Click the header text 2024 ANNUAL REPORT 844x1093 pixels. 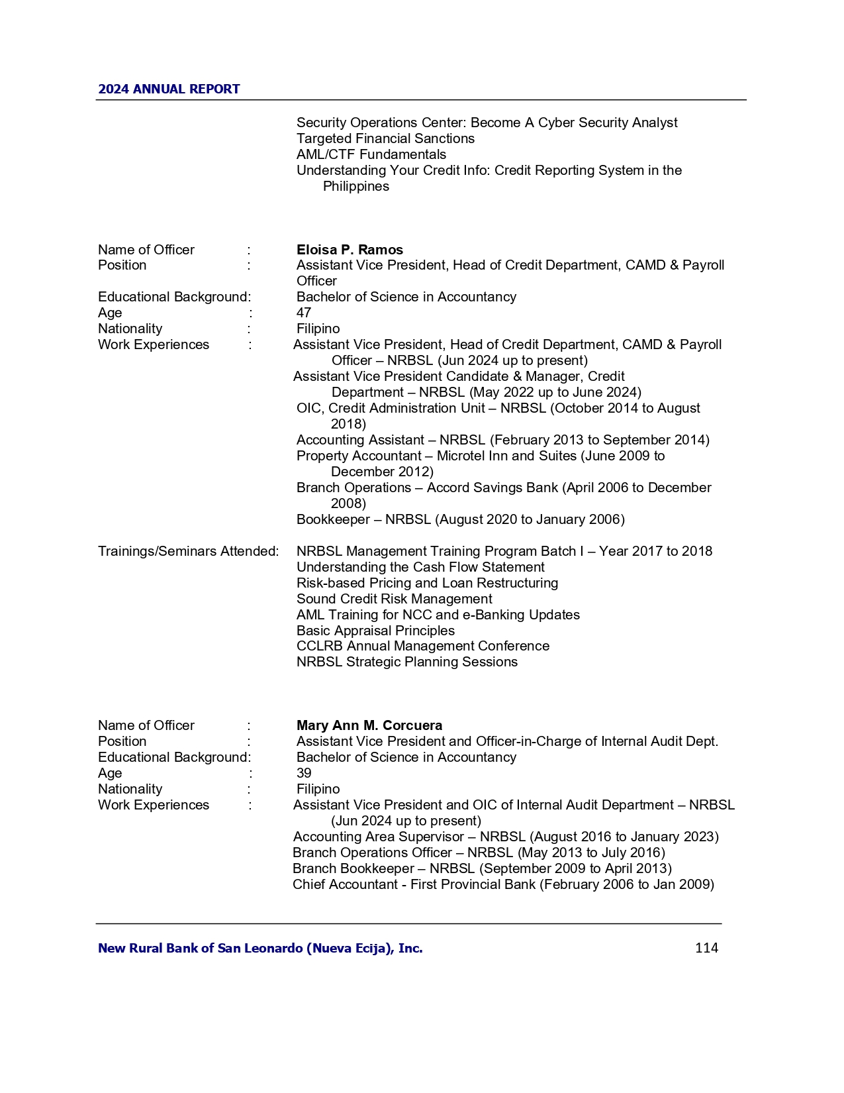pos(169,89)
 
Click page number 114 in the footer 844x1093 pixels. pos(706,948)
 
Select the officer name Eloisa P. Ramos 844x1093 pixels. pos(350,250)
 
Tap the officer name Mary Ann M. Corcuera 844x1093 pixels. pos(369,725)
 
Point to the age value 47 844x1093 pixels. pos(304,313)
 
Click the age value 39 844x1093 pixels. pos(304,773)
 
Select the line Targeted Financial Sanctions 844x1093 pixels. pos(385,138)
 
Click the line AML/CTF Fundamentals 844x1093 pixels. pos(371,154)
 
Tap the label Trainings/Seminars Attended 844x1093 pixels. pos(188,551)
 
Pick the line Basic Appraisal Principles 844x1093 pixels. pos(375,631)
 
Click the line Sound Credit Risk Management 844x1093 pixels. pos(394,599)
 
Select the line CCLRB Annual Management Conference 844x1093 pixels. pos(422,646)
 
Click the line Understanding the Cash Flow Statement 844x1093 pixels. pos(420,567)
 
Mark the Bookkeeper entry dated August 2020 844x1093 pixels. pos(460,519)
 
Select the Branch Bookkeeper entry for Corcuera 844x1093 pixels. pos(481,868)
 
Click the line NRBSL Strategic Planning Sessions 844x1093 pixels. pos(406,662)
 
